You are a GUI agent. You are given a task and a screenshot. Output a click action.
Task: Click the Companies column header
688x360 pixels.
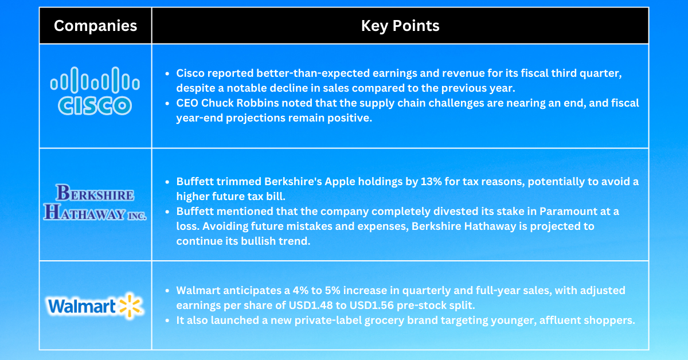click(95, 26)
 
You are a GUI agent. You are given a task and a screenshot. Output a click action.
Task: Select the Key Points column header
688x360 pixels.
click(400, 26)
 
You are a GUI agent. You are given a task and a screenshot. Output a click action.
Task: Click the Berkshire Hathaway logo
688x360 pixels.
click(95, 204)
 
